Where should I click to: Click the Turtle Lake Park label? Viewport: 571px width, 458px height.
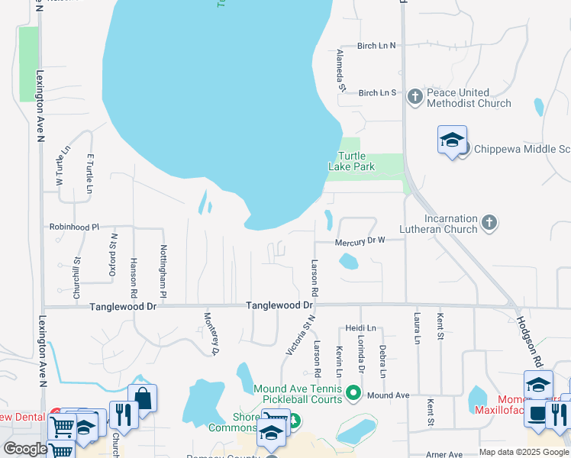[352, 161]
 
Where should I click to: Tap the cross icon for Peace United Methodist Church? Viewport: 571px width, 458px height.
[415, 95]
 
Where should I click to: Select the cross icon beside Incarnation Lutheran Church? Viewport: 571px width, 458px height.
[489, 223]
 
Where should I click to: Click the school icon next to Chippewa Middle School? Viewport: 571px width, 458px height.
[452, 140]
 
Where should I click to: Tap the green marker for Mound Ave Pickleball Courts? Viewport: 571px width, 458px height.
[353, 393]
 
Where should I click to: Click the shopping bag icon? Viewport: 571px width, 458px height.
[142, 397]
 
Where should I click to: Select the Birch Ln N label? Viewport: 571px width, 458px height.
[378, 46]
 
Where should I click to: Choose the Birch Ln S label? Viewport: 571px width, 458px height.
[378, 92]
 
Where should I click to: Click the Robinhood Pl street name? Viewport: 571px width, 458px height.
[74, 227]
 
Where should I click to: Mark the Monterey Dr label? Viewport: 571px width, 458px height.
[211, 334]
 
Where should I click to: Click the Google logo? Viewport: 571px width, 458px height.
[25, 449]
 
